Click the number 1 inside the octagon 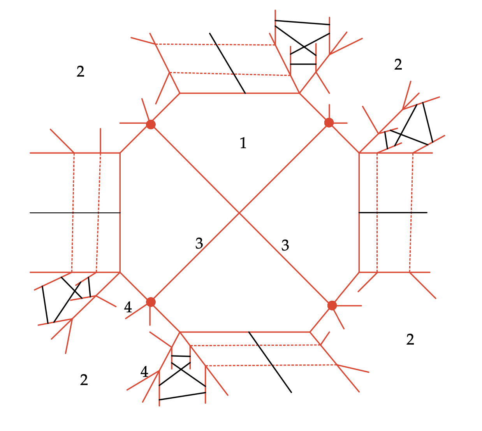coord(243,143)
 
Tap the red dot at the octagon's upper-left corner coord(151,124)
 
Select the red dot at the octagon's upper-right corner coord(329,123)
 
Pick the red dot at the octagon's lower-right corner coord(332,305)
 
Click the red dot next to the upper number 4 coord(151,302)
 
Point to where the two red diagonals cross coord(239,213)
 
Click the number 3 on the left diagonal coord(199,244)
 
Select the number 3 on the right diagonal coord(285,245)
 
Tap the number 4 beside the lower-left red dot coord(128,308)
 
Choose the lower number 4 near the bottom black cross coord(144,372)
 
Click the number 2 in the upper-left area coord(80,72)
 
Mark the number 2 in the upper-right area coord(398,65)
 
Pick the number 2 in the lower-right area coord(410,340)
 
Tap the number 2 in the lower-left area coord(84,380)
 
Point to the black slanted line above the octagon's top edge coord(227,63)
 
